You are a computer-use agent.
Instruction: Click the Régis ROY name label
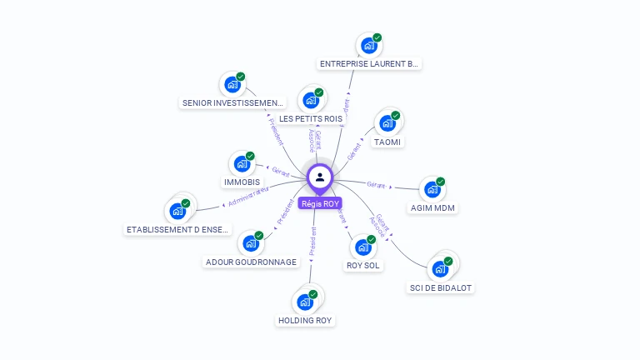tap(320, 203)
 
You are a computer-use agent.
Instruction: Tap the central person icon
tap(320, 177)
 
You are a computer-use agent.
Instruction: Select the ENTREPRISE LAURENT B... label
tap(369, 63)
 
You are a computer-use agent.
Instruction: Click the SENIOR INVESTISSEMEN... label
tap(232, 103)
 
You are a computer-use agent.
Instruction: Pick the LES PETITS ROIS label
tap(311, 119)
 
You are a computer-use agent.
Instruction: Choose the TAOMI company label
tap(387, 142)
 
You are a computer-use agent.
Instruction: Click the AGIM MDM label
tap(433, 207)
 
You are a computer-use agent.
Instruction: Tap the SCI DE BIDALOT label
tap(441, 287)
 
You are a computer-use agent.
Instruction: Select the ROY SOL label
tap(362, 266)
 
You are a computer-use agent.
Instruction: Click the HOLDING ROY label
tap(305, 320)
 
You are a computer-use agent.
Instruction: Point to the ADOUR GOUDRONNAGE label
tap(251, 262)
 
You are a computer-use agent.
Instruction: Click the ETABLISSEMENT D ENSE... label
tap(177, 229)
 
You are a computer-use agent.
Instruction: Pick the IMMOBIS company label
tap(242, 182)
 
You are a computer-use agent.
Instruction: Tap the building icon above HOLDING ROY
tap(304, 302)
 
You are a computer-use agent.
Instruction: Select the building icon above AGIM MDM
tap(432, 190)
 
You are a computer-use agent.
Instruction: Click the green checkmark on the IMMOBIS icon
tap(250, 156)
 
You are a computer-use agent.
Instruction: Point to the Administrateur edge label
tap(248, 197)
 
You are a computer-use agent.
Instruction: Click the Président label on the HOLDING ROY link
tap(312, 241)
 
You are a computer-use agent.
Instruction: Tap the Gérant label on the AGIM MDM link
tap(377, 185)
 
